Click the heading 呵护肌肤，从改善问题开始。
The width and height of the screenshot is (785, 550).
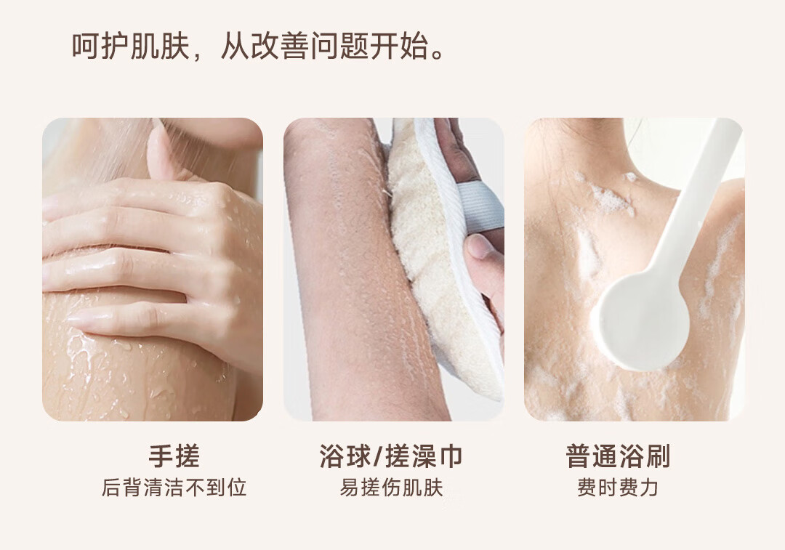[258, 46]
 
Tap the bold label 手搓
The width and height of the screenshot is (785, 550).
[174, 456]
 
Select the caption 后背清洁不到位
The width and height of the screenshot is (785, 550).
[174, 488]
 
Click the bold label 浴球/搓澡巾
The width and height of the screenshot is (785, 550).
[391, 456]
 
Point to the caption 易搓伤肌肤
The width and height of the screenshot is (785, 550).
[392, 488]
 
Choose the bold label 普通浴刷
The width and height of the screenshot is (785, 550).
[618, 456]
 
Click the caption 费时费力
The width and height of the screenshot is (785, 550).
[618, 488]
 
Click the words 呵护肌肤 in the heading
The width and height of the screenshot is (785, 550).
[131, 46]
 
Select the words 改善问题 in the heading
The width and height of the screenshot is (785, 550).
[310, 46]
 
